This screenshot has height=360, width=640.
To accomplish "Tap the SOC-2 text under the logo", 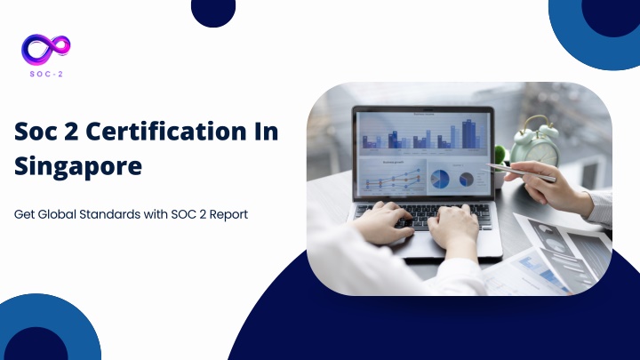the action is click(46, 75).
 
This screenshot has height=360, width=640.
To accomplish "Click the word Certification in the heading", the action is click(166, 132).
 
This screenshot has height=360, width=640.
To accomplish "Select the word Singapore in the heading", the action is click(78, 166).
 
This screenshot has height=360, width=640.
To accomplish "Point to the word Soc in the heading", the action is click(36, 132).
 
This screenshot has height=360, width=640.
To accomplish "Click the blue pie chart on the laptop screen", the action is click(440, 180).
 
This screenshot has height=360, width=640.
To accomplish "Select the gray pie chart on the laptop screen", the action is click(466, 180).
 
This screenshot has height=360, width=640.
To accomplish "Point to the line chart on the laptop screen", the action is click(393, 178).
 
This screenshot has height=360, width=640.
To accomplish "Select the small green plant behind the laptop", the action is click(500, 155).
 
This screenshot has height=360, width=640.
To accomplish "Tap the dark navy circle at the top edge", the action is click(213, 12).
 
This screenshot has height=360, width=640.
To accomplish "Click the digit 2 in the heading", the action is click(71, 132).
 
